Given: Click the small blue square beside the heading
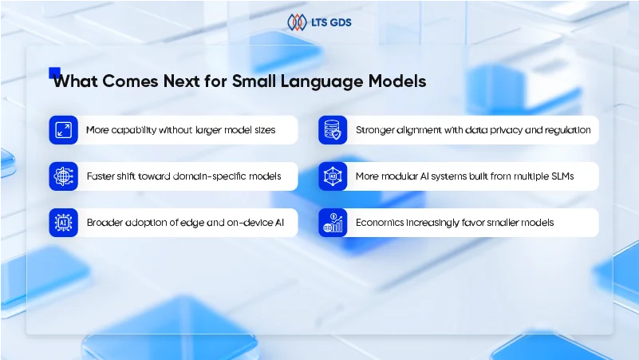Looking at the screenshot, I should (54, 72).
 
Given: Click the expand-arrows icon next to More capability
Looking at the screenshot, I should (63, 130).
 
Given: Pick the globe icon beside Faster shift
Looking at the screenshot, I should (63, 176).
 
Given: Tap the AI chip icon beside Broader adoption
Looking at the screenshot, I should (63, 223).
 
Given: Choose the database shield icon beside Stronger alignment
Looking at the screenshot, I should (332, 130).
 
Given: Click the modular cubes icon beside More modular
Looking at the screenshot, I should (332, 176).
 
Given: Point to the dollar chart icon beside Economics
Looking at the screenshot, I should (332, 223).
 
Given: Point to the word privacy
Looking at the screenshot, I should (505, 130).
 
